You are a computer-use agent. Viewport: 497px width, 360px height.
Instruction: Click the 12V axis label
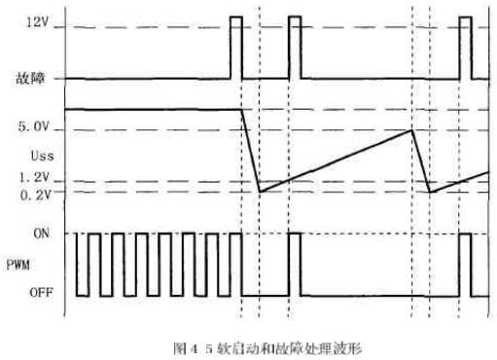click(37, 22)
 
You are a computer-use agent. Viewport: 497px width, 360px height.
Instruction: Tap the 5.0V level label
click(34, 126)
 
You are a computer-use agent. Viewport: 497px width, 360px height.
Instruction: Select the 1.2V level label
click(34, 177)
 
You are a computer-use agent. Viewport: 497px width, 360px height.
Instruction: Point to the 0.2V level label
click(35, 195)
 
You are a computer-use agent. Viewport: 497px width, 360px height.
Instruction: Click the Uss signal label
click(42, 156)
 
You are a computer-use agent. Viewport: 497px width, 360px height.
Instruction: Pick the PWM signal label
click(18, 265)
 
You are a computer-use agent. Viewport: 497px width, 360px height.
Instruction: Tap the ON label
click(42, 234)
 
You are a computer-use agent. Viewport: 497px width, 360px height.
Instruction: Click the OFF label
click(41, 293)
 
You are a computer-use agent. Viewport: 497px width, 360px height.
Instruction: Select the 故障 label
click(30, 78)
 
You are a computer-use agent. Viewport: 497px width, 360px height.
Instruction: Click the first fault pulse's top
click(236, 17)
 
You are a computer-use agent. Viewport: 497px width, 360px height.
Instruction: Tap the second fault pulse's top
click(295, 17)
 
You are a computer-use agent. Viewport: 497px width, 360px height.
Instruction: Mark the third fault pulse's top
click(466, 17)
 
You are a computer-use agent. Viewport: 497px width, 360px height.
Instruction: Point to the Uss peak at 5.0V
click(412, 130)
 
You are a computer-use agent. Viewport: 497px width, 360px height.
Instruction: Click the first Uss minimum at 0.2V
click(260, 192)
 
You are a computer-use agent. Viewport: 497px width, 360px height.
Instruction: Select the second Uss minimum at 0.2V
click(430, 193)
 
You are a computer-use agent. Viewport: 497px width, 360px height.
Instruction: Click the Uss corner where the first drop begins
click(241, 110)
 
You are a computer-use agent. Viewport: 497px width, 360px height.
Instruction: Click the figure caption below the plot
click(267, 349)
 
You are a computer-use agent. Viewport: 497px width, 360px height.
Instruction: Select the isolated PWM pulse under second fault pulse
click(295, 265)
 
